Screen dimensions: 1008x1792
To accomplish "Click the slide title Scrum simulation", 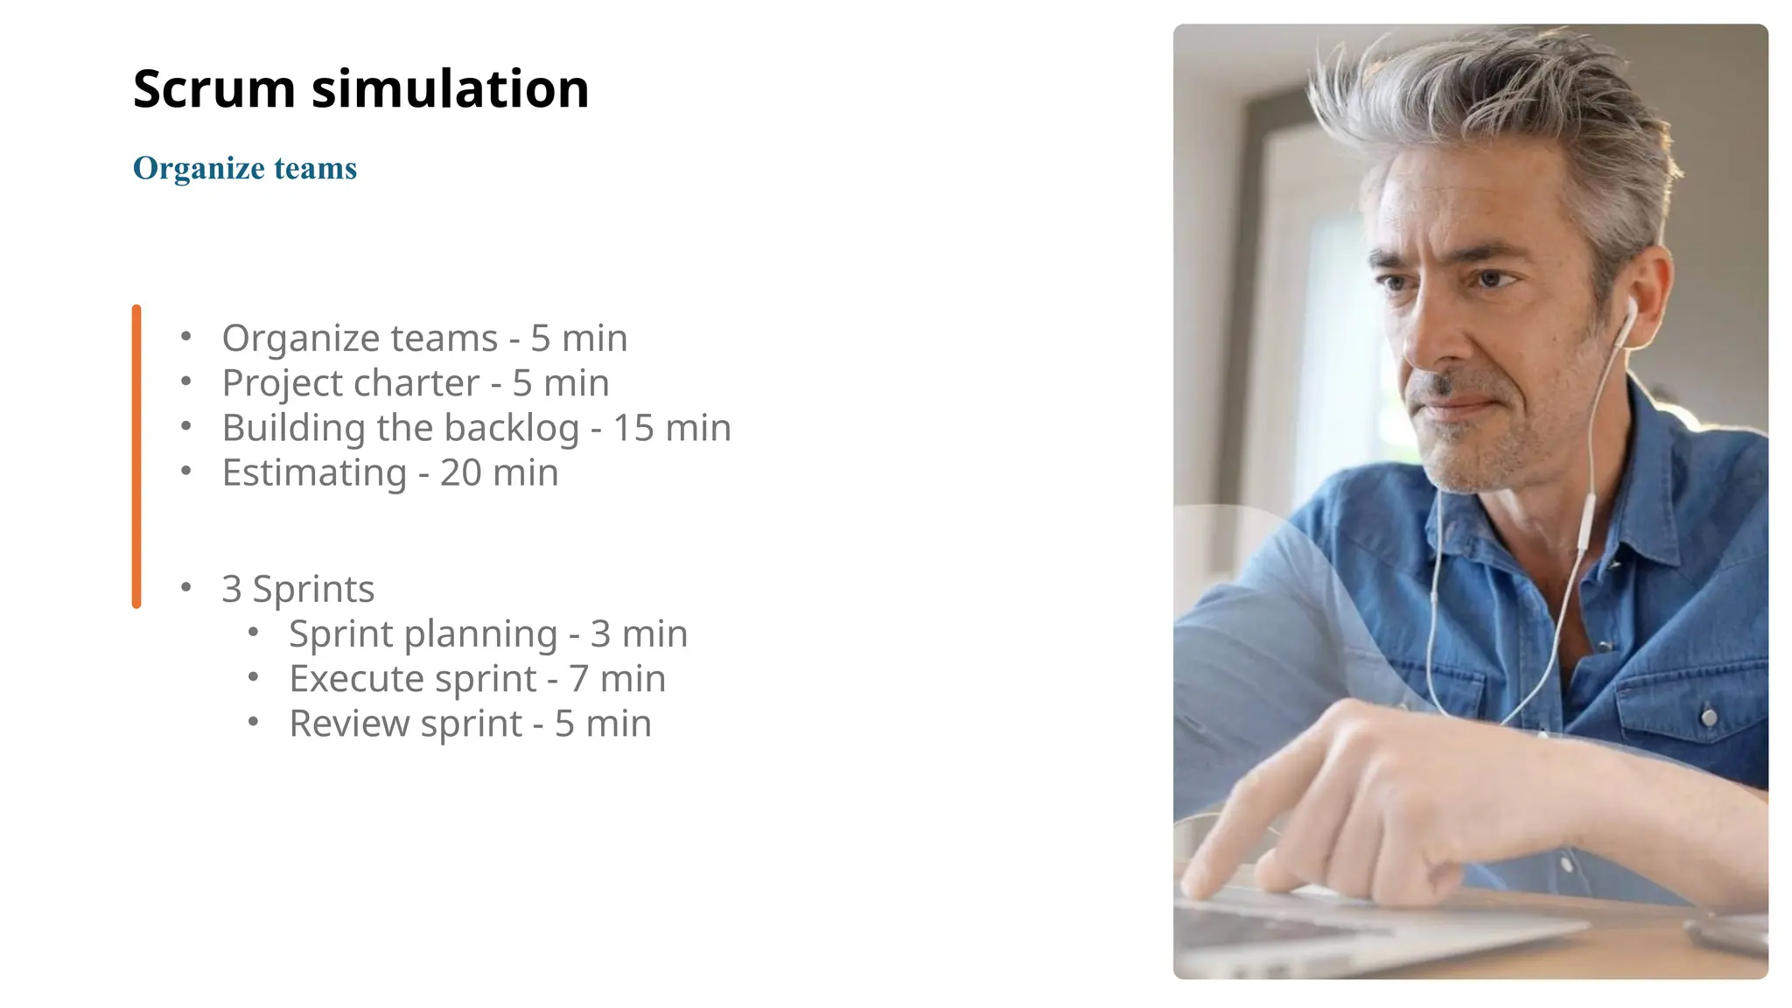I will (x=360, y=89).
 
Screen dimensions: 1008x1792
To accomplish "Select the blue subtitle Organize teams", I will (x=245, y=168).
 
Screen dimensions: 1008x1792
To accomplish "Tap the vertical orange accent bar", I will (x=136, y=456).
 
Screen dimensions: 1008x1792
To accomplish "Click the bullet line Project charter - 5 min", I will (x=415, y=383).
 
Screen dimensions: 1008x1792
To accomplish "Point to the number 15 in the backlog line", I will (x=633, y=428).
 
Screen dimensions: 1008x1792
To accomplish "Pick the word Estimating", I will (x=314, y=473).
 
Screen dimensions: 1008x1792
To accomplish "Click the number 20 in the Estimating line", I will (x=460, y=473).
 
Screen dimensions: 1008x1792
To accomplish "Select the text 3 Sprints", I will (x=297, y=589).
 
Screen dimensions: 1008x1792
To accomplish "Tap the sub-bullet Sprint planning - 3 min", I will (x=487, y=634).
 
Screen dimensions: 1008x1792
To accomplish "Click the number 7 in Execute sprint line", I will (x=578, y=679).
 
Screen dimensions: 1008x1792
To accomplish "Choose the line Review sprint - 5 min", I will (x=470, y=724).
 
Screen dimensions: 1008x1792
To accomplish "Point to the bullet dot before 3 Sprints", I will (x=185, y=588).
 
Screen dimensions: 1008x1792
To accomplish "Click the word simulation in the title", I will (x=450, y=89).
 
